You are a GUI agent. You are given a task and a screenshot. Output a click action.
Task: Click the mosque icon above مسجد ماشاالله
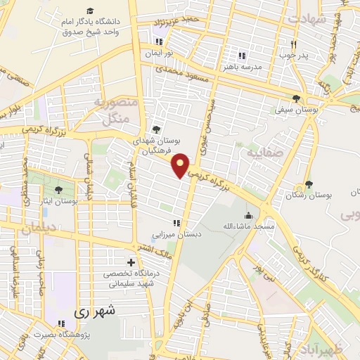click(x=248, y=215)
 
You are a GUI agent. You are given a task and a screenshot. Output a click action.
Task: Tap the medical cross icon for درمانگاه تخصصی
click(x=131, y=262)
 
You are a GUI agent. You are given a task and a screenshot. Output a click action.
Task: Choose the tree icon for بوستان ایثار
click(x=58, y=189)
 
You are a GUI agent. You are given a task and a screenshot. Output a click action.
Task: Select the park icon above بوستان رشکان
click(x=309, y=184)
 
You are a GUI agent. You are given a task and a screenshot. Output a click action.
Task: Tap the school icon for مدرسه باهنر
click(x=242, y=56)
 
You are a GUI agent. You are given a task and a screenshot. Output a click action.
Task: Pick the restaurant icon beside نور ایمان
click(x=169, y=41)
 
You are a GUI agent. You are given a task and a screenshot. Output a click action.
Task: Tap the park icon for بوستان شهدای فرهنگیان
click(x=156, y=129)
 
